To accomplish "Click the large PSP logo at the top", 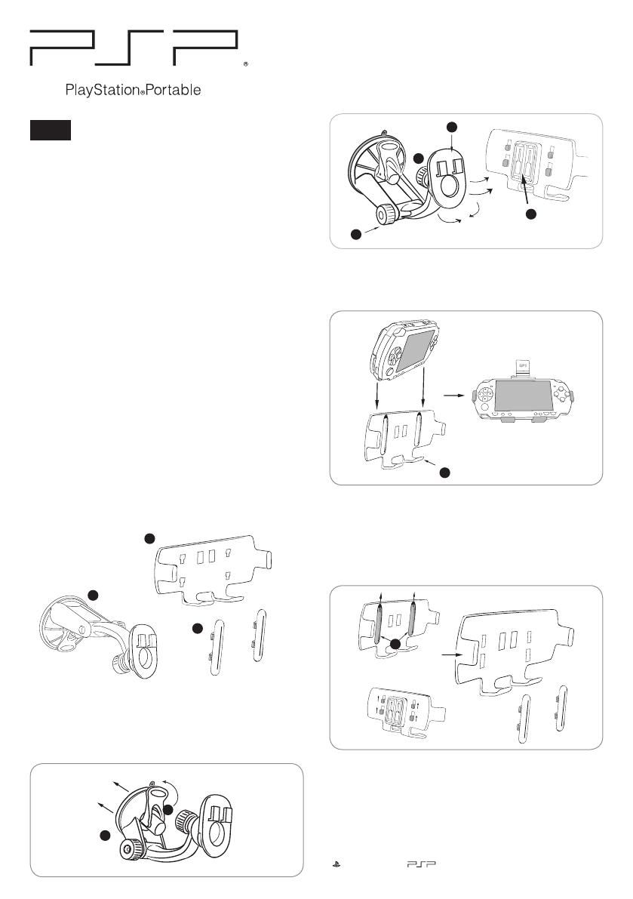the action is pyautogui.click(x=134, y=48).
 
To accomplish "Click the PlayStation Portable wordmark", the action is pyautogui.click(x=133, y=90).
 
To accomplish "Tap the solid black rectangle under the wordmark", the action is pyautogui.click(x=51, y=130).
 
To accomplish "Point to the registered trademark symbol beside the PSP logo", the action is pyautogui.click(x=246, y=64).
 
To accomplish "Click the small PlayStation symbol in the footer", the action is pyautogui.click(x=336, y=864).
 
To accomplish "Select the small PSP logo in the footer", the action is pyautogui.click(x=421, y=864).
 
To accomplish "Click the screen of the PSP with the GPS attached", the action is pyautogui.click(x=524, y=395).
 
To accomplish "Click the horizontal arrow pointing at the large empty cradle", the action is pyautogui.click(x=451, y=654).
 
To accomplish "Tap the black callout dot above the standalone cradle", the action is pyautogui.click(x=149, y=538).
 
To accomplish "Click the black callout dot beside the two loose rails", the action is pyautogui.click(x=198, y=629).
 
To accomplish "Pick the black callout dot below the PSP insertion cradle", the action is pyautogui.click(x=444, y=472).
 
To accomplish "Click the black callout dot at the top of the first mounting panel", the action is pyautogui.click(x=452, y=127).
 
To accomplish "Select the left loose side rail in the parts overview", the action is pyautogui.click(x=216, y=648).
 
